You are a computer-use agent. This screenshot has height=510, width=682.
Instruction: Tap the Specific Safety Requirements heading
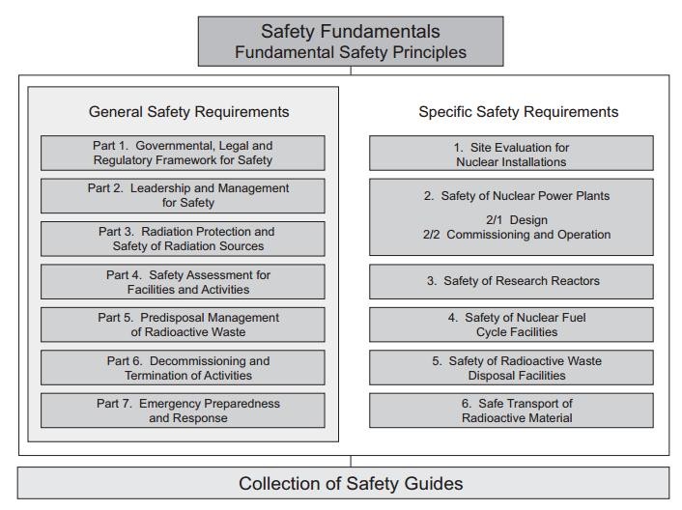pos(518,112)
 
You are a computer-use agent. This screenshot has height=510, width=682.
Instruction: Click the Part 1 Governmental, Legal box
pos(183,152)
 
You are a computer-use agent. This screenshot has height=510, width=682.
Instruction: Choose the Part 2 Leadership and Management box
pos(183,194)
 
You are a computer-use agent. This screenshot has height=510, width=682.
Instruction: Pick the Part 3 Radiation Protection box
pos(183,238)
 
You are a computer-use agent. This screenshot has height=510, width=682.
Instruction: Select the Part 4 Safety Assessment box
pos(183,281)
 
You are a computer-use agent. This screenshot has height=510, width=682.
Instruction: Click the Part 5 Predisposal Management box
pos(183,324)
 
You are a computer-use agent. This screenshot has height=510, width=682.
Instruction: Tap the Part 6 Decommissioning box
pos(183,367)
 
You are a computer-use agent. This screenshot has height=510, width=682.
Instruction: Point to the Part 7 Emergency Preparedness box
pos(183,411)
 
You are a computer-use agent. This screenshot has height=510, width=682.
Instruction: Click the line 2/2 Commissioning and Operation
pos(518,234)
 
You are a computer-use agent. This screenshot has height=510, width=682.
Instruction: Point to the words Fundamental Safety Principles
pos(351,52)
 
